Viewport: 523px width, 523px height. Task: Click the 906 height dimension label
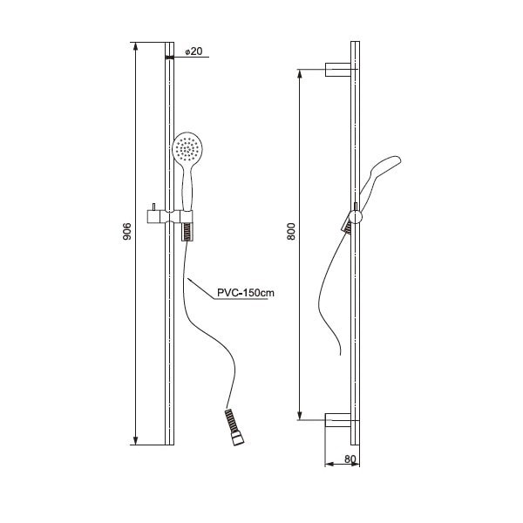pyautogui.click(x=127, y=232)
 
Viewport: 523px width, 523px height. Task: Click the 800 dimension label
pyautogui.click(x=291, y=232)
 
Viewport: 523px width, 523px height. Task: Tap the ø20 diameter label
pyautogui.click(x=194, y=51)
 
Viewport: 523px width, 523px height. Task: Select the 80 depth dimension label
pyautogui.click(x=350, y=459)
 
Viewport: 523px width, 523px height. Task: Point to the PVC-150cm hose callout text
pyautogui.click(x=246, y=293)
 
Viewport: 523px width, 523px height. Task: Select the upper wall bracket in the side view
pyautogui.click(x=338, y=70)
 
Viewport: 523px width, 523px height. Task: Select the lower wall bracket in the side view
pyautogui.click(x=338, y=420)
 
